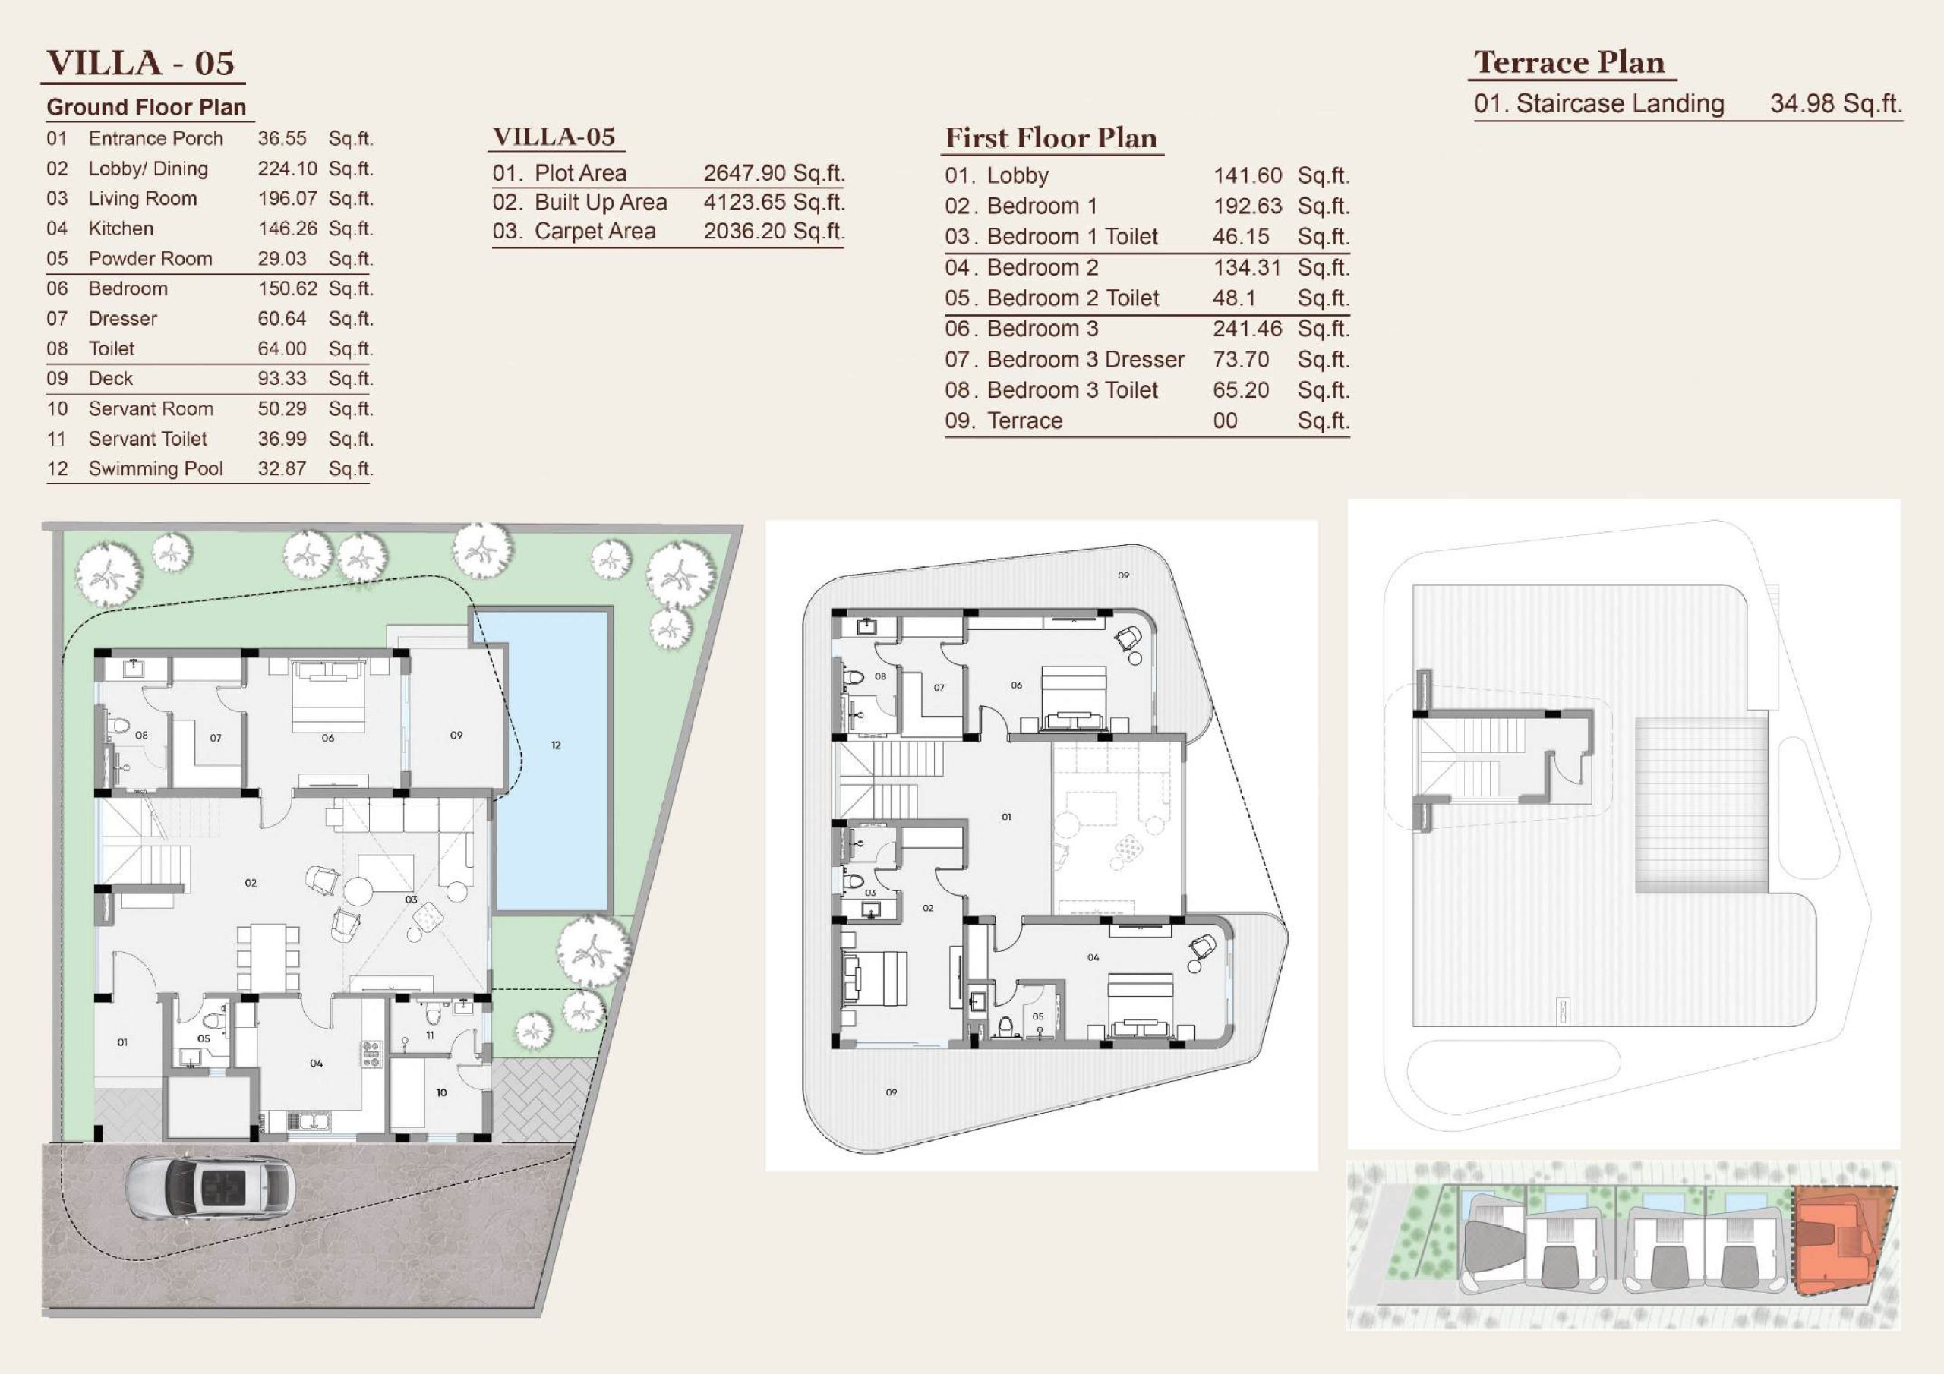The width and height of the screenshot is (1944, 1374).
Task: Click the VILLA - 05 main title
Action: (140, 64)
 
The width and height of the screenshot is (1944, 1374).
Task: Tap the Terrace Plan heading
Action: (1570, 63)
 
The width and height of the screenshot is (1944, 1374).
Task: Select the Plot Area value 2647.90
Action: (745, 173)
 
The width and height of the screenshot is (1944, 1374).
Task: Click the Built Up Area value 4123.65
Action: (745, 203)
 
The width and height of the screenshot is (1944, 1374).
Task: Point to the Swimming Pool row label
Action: (156, 469)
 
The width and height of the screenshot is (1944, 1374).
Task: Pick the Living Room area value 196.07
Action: (288, 199)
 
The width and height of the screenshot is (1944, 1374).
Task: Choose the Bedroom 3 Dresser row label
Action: (1085, 360)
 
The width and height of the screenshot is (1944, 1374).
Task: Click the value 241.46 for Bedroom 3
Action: (1247, 329)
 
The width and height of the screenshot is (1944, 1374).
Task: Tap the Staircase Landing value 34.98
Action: (1803, 103)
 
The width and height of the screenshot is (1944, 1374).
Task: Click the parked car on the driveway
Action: (211, 1189)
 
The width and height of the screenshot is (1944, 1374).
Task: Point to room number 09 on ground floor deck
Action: (456, 735)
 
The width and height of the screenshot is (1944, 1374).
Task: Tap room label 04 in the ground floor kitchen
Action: (316, 1064)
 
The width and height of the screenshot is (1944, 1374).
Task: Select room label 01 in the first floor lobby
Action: (1006, 817)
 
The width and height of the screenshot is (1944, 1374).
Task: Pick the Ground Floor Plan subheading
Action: (147, 108)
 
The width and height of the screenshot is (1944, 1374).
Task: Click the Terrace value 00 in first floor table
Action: (1225, 421)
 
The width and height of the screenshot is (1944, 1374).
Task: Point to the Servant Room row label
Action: (150, 409)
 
